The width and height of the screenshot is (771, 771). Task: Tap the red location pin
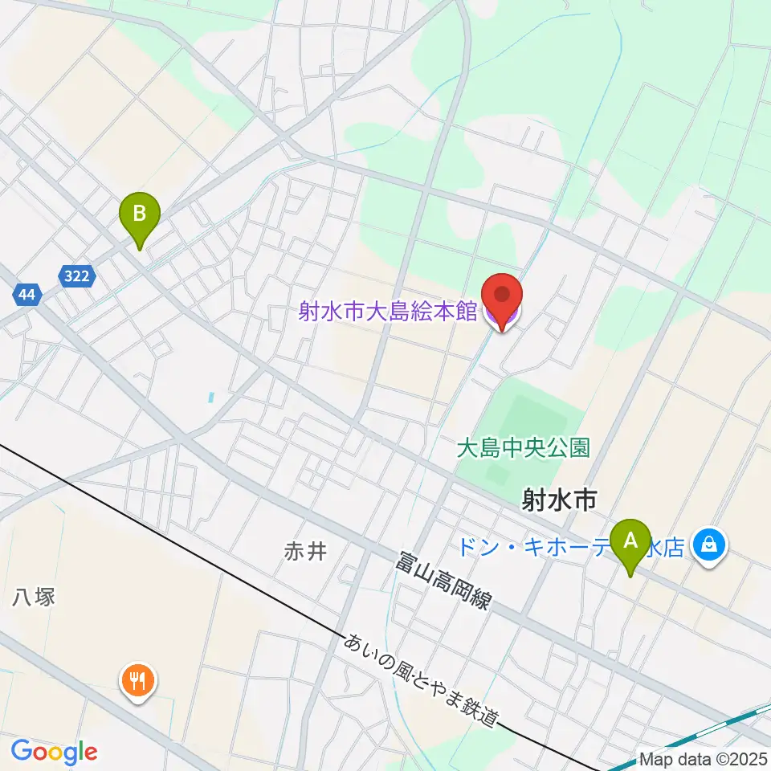pyautogui.click(x=502, y=297)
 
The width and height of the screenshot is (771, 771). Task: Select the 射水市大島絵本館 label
pyautogui.click(x=388, y=312)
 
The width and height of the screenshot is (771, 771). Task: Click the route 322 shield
pyautogui.click(x=77, y=276)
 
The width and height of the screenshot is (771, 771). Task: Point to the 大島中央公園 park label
pyautogui.click(x=524, y=447)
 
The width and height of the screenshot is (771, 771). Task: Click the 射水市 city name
pyautogui.click(x=559, y=501)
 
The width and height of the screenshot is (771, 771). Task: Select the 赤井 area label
pyautogui.click(x=305, y=552)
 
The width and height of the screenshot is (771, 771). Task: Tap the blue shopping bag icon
pyautogui.click(x=709, y=545)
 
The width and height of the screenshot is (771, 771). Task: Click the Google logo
pyautogui.click(x=54, y=753)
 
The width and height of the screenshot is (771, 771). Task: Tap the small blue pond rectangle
pyautogui.click(x=211, y=397)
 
